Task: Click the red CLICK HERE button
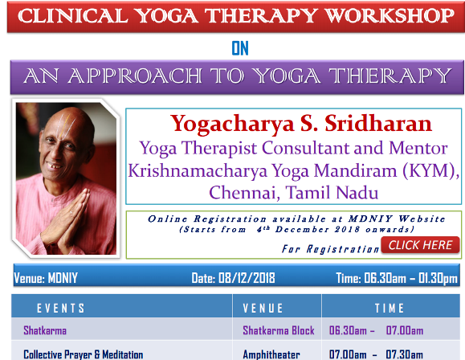tap(420, 245)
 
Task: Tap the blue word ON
tap(240, 49)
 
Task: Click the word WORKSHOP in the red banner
tap(389, 16)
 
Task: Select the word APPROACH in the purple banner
tap(135, 76)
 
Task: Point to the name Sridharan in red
tap(378, 124)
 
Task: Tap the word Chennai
tap(244, 192)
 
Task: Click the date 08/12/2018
tap(247, 278)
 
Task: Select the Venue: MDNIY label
tap(46, 278)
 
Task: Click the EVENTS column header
tap(61, 309)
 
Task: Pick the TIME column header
tap(390, 308)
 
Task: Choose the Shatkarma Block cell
tap(279, 330)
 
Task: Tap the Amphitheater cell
tap(271, 354)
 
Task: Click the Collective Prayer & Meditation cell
tap(84, 354)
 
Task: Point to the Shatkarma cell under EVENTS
tap(45, 330)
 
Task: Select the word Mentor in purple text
tap(418, 148)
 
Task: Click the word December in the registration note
tap(302, 229)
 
